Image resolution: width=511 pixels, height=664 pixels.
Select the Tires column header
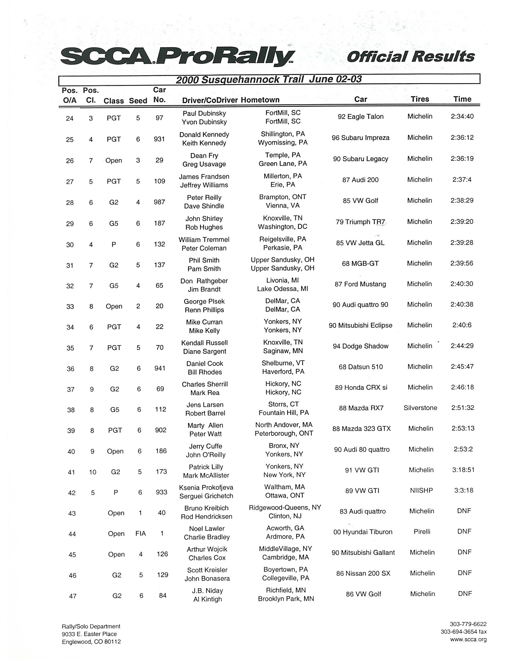pos(420,99)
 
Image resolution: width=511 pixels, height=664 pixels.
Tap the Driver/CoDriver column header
pos(210,100)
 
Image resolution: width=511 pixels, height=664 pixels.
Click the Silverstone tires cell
pos(420,408)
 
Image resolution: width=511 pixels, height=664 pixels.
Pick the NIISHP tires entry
pos(421,490)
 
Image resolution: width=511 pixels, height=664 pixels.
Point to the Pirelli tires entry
pos(422,532)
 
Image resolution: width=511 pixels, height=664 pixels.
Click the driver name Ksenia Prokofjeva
pos(206,487)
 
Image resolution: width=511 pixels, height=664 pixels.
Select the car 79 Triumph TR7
pos(360,222)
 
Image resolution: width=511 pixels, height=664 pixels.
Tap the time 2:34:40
pos(462,117)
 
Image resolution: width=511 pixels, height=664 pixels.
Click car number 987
pos(159,202)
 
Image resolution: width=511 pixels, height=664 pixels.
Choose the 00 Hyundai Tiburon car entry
pos(363,532)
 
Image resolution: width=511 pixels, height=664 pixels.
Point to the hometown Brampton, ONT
pos(282,197)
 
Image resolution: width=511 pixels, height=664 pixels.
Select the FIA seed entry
pos(140,534)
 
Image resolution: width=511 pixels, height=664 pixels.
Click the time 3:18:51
pos(463,470)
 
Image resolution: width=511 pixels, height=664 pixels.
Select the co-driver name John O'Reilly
pos(205,455)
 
